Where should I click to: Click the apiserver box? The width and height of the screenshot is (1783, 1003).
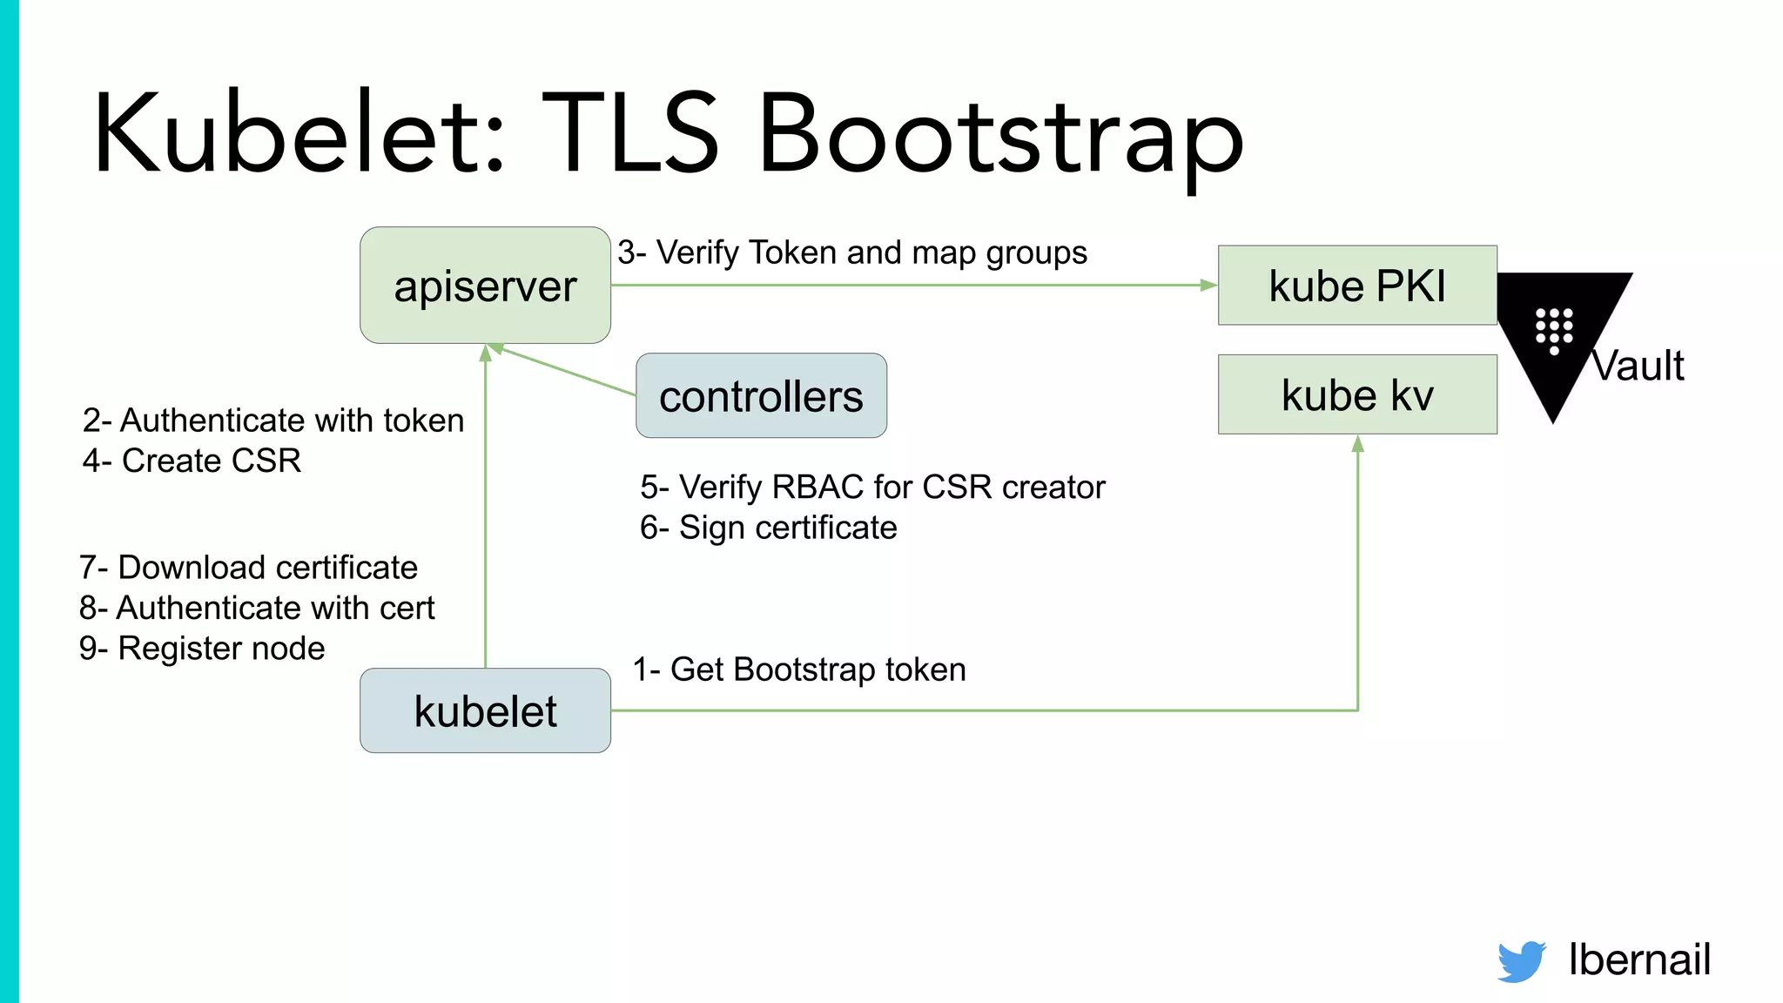click(485, 286)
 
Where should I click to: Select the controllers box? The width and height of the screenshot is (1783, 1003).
click(761, 396)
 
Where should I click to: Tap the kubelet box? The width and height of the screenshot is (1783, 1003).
click(485, 710)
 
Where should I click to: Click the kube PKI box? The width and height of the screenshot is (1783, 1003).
click(1356, 286)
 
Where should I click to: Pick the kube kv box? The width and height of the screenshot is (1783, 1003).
click(1356, 394)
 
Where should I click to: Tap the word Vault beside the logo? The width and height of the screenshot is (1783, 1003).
click(1639, 366)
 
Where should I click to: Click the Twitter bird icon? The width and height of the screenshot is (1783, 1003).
click(1521, 961)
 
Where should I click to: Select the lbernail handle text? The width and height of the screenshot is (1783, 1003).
click(1639, 959)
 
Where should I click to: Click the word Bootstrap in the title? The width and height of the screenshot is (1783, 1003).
click(1001, 135)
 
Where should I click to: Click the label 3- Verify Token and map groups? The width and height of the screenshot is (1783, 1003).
click(852, 252)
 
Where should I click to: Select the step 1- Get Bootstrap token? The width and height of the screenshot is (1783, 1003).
click(799, 670)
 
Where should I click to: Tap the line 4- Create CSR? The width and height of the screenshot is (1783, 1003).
click(192, 461)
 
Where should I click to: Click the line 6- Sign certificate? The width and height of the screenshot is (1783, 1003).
click(768, 528)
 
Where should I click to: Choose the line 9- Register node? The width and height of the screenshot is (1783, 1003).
click(202, 649)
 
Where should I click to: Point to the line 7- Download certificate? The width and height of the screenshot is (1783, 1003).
click(248, 568)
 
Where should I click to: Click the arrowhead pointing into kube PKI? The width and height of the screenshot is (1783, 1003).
click(1208, 285)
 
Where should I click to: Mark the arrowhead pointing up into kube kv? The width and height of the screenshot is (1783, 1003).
click(1357, 445)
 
